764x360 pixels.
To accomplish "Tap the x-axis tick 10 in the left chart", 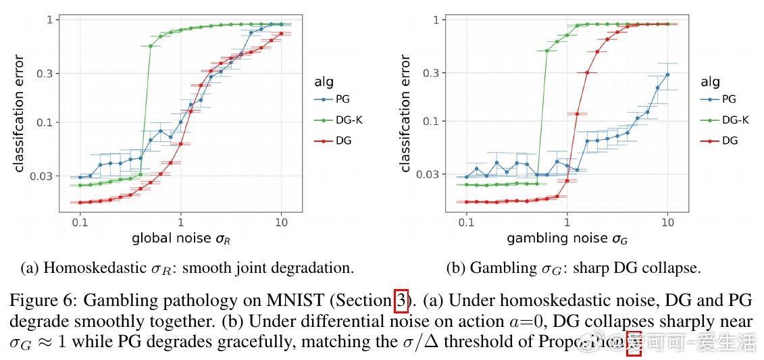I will tap(281, 221).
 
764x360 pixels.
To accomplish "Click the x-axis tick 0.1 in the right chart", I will tap(466, 221).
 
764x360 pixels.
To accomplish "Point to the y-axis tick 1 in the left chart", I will tap(49, 20).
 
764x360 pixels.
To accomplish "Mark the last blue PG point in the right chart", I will tap(667, 74).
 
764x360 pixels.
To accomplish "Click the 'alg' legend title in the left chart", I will tap(324, 82).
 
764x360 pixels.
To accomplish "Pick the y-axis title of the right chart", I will tap(406, 113).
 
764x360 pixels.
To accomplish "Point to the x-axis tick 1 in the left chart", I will tap(180, 221).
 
